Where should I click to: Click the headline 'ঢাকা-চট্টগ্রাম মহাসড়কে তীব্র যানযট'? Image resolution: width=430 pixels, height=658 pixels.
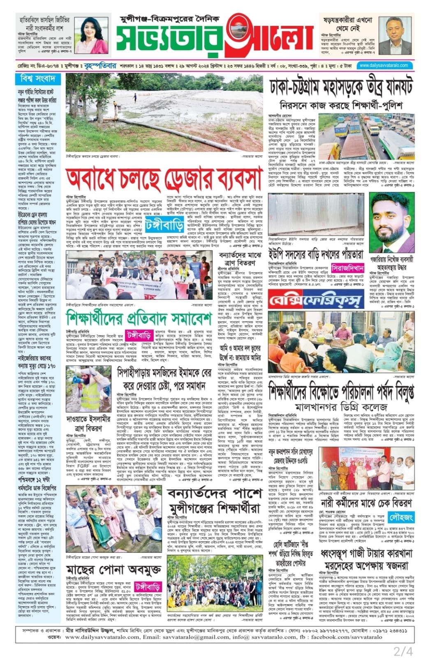tap(341, 87)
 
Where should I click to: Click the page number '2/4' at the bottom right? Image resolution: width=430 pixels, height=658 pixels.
tap(403, 651)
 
